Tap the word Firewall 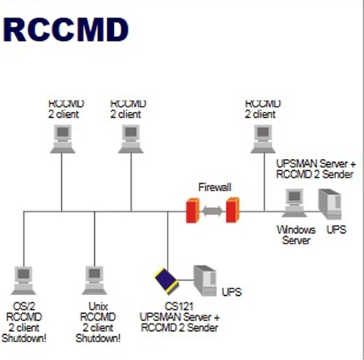pyautogui.click(x=214, y=188)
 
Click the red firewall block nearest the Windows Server pyautogui.click(x=232, y=211)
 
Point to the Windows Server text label pyautogui.click(x=292, y=234)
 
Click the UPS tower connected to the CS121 pyautogui.click(x=205, y=280)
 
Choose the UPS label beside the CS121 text pyautogui.click(x=232, y=292)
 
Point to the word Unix pyautogui.click(x=97, y=307)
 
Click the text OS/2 pyautogui.click(x=24, y=307)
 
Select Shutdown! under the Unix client pyautogui.click(x=98, y=338)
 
